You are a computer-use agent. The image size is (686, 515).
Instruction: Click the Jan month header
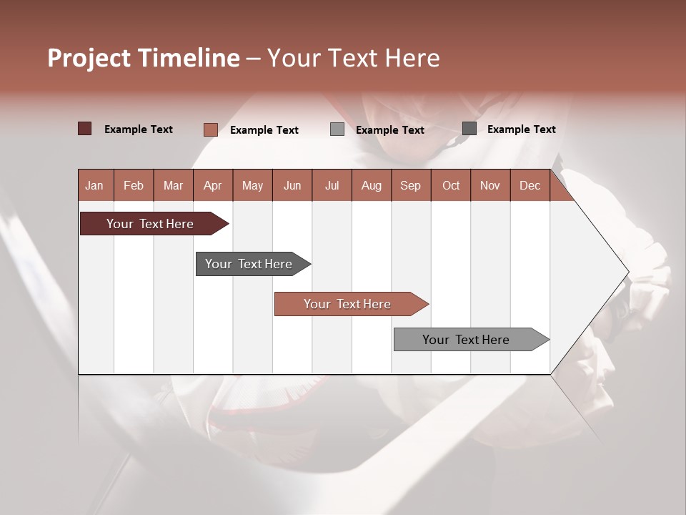(x=94, y=185)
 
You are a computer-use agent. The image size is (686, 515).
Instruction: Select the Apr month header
(x=212, y=185)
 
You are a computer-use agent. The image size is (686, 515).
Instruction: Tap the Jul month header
(x=332, y=185)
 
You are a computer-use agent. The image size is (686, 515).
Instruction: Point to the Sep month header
(x=410, y=185)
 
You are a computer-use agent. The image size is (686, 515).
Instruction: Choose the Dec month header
(x=530, y=185)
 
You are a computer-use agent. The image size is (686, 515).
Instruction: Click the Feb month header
(x=134, y=185)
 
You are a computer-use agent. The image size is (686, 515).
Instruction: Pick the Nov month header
(x=489, y=185)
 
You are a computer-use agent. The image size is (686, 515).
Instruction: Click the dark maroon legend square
(x=84, y=129)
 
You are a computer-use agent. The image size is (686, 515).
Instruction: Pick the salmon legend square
(x=210, y=129)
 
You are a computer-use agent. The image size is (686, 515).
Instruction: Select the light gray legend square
(x=337, y=129)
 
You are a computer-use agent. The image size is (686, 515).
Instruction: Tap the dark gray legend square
(x=469, y=129)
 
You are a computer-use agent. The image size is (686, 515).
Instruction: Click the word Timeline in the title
(x=188, y=58)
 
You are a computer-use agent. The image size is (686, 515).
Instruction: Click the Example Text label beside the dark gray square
(x=521, y=129)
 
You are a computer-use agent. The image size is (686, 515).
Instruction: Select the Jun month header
(x=292, y=185)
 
